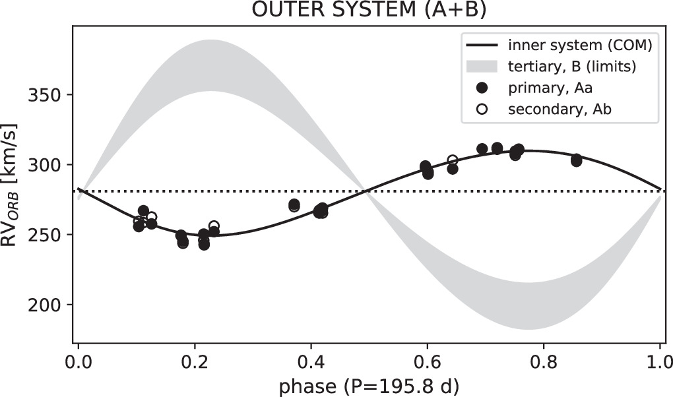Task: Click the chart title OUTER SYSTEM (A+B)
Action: [x=368, y=12]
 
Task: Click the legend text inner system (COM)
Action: [x=580, y=46]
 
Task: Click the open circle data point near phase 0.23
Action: [x=214, y=226]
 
